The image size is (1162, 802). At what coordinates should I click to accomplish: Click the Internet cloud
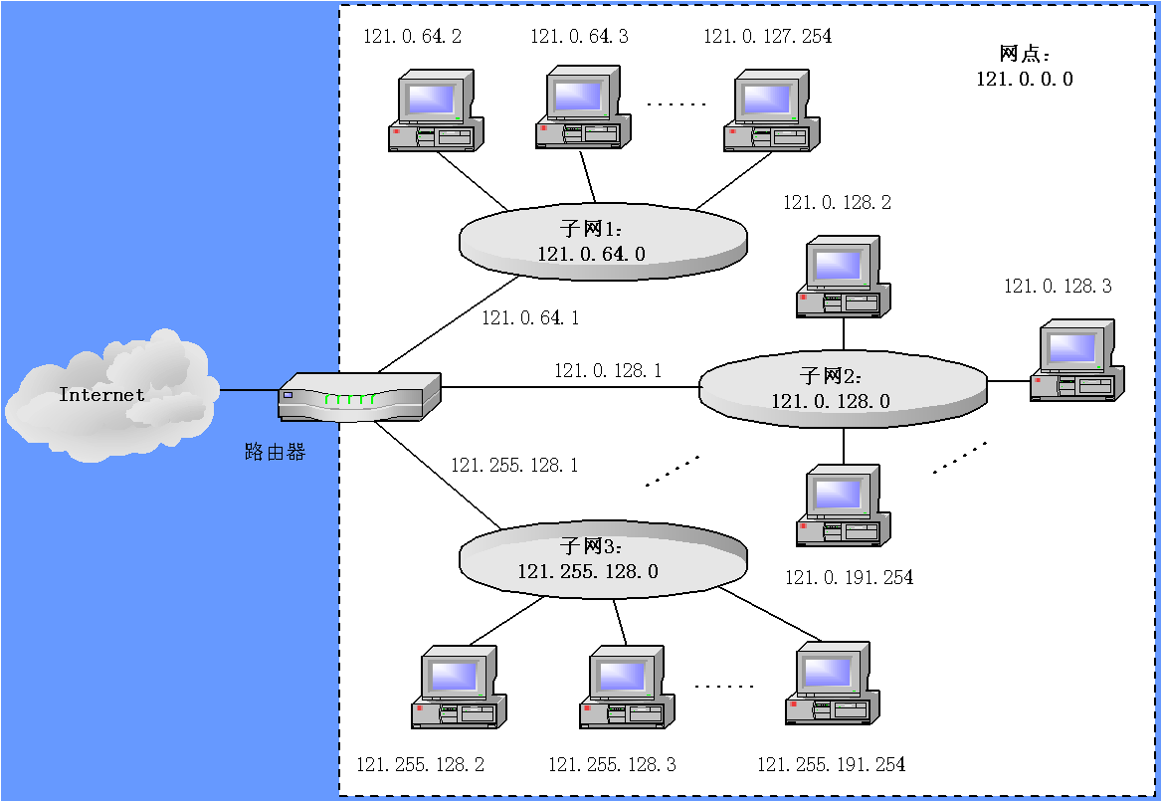[109, 395]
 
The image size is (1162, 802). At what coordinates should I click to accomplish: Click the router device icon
[359, 397]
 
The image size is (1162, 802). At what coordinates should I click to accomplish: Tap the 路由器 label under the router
[275, 452]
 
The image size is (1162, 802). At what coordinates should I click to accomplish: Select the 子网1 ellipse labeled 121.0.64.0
[603, 242]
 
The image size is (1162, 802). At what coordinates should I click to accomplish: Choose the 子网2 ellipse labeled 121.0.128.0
[843, 390]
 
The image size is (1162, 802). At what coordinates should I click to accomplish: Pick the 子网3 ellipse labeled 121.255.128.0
[602, 560]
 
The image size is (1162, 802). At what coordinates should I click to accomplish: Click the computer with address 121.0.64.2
[435, 110]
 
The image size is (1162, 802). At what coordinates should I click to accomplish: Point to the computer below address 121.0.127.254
[772, 110]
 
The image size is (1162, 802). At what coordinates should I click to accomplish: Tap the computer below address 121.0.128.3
[1077, 360]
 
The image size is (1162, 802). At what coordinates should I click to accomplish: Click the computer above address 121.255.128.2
[459, 687]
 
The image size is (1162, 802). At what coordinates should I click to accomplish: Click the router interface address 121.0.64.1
[530, 318]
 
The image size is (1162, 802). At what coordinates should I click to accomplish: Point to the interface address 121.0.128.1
[608, 370]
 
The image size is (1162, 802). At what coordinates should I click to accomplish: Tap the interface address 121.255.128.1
[514, 465]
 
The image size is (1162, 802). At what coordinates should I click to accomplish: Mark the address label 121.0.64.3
[579, 37]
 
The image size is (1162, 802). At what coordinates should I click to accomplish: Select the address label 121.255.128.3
[612, 764]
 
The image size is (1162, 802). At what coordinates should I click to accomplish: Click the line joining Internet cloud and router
[248, 390]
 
